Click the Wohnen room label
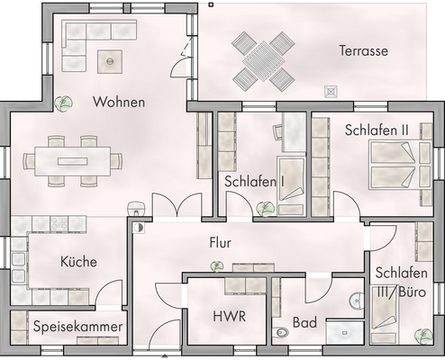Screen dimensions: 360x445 click(119, 103)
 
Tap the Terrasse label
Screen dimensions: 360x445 click(363, 51)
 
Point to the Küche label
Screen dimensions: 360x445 click(78, 262)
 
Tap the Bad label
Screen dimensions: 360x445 click(304, 322)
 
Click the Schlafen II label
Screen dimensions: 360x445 click(377, 130)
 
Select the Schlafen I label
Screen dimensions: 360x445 click(255, 181)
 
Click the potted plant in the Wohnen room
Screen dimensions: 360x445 click(64, 103)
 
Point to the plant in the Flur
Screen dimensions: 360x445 click(215, 265)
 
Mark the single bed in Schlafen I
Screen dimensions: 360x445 click(291, 184)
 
